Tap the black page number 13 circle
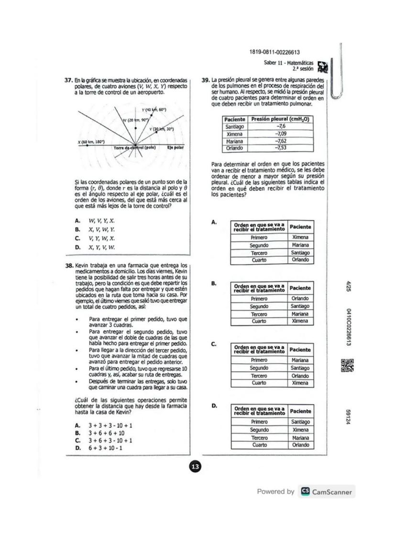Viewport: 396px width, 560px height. [196, 466]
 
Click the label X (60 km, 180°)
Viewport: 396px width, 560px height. [91, 142]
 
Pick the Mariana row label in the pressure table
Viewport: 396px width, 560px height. [234, 141]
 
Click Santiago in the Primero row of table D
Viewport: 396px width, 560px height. [300, 422]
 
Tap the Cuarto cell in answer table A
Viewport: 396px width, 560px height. [259, 260]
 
